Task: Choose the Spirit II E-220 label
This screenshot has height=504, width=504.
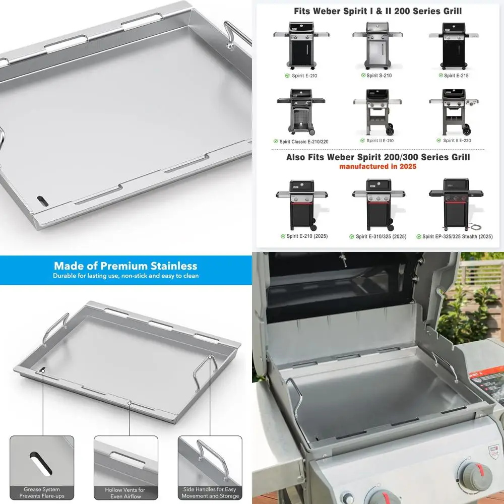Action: [x=458, y=141]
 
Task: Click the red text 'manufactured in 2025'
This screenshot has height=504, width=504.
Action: [x=377, y=166]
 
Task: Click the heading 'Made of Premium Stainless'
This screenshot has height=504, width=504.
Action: [x=125, y=266]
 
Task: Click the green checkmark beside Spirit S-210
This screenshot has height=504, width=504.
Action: [x=363, y=75]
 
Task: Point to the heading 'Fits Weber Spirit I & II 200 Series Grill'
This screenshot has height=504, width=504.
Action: [x=377, y=11]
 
